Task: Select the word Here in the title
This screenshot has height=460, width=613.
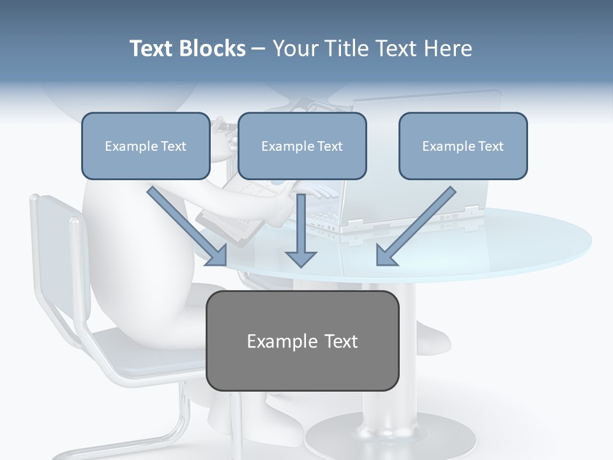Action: click(x=448, y=49)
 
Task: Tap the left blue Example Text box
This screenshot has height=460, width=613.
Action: click(x=146, y=146)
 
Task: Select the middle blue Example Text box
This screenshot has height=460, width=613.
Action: click(x=302, y=146)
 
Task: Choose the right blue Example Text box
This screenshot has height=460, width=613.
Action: click(x=463, y=146)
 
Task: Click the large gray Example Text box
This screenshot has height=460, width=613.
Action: click(x=302, y=341)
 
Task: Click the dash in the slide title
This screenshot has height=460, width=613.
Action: click(x=259, y=49)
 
